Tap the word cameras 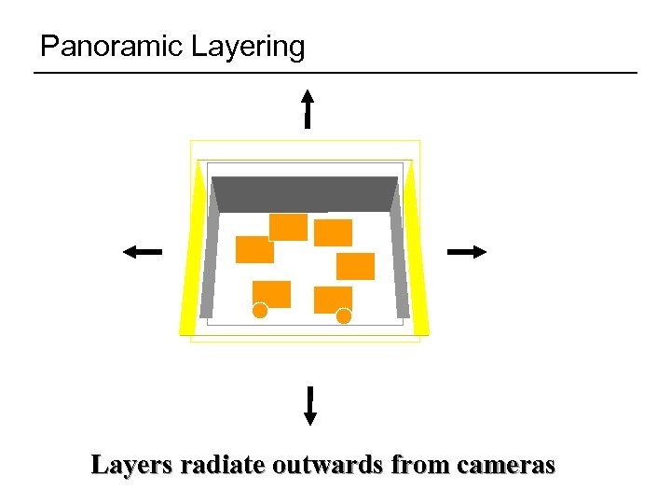[505, 464]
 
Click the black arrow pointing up [308, 108]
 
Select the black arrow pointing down [309, 406]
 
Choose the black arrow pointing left [142, 251]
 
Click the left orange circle [260, 311]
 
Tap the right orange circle [344, 315]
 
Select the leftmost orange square [253, 249]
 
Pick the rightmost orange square [355, 266]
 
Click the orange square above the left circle [272, 292]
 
